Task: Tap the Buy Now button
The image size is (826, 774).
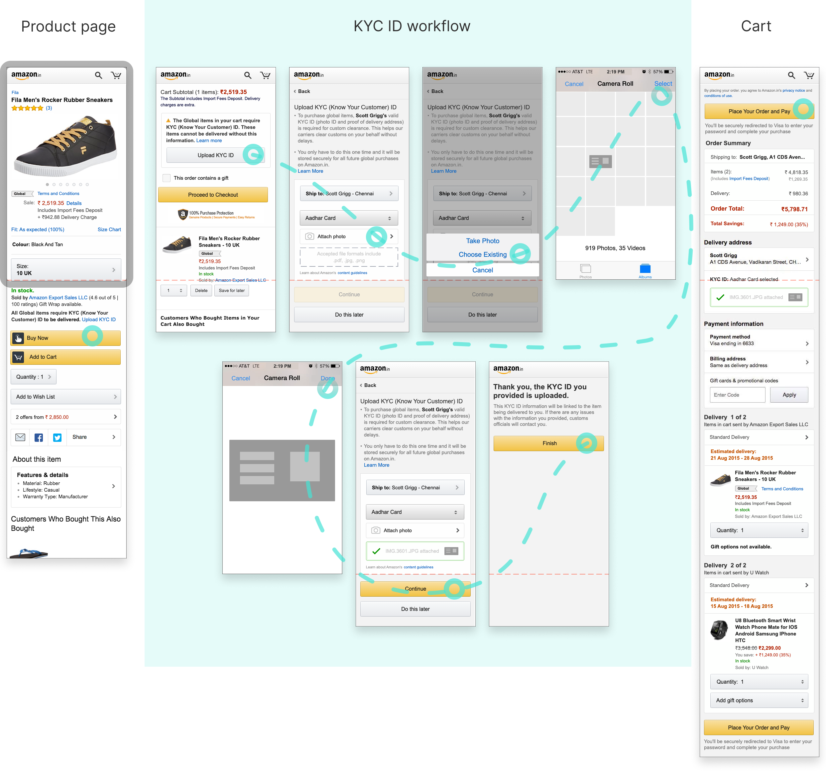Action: coord(65,338)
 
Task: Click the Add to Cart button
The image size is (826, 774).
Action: coord(65,357)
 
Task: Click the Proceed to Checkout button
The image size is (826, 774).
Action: coord(213,195)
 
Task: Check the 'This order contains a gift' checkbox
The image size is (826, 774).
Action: coord(167,178)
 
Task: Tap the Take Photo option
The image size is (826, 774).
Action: coord(482,241)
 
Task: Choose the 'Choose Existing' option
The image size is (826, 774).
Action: coord(482,254)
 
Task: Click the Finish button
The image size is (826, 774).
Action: coord(549,443)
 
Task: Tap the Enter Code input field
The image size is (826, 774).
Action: coord(737,395)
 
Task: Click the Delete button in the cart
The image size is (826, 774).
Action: coord(201,291)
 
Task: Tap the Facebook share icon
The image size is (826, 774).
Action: coord(39,437)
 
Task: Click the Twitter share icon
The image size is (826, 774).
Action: coord(57,437)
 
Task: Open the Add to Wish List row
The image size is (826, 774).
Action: coord(65,397)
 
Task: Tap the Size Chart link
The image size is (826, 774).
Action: coord(109,230)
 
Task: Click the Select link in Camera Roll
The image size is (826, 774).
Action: coord(663,84)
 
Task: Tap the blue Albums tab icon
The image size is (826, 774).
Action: coord(645,269)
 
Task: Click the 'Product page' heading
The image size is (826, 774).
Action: coord(68,27)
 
